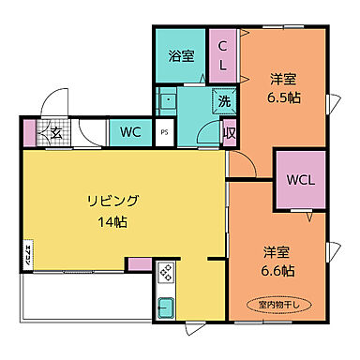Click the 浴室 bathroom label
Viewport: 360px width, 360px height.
click(x=182, y=56)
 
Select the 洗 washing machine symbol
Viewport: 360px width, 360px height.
click(x=225, y=101)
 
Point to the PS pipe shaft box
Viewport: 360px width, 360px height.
click(x=164, y=133)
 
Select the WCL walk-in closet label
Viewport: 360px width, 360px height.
click(x=300, y=179)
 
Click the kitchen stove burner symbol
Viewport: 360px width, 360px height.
click(x=165, y=273)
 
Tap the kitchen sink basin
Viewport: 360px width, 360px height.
click(x=165, y=307)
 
